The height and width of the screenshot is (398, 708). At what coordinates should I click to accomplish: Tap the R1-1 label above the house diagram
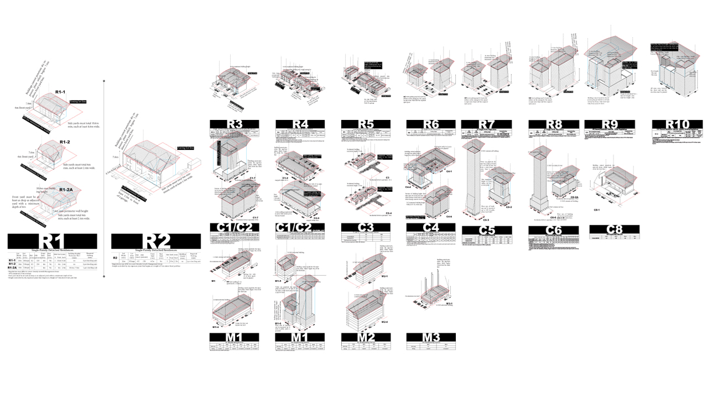tap(60, 91)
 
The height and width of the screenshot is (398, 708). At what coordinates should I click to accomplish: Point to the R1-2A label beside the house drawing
tap(66, 190)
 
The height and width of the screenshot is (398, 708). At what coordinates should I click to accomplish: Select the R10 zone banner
tap(677, 124)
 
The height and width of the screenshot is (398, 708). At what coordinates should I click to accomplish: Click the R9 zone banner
tap(610, 124)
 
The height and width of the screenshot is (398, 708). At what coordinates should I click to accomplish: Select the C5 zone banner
tap(486, 230)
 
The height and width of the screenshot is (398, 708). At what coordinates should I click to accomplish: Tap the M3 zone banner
tap(431, 337)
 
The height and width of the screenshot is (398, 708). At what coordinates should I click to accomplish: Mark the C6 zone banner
tap(554, 230)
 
